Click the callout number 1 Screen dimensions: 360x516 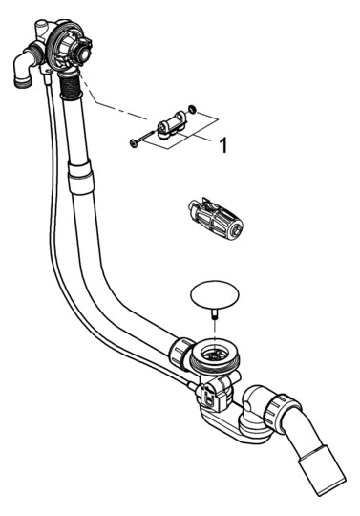pos(223,145)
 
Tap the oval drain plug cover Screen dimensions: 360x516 pos(215,294)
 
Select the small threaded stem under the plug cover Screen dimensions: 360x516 pos(215,313)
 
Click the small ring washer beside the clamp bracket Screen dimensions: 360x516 pos(192,109)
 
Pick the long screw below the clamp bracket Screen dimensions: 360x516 pos(143,138)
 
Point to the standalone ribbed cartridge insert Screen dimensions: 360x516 pos(215,219)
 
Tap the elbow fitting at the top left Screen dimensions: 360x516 pos(26,68)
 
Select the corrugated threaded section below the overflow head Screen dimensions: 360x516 pos(70,85)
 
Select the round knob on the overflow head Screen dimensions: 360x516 pos(85,53)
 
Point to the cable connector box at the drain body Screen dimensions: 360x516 pos(209,394)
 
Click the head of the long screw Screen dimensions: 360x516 pos(133,143)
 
